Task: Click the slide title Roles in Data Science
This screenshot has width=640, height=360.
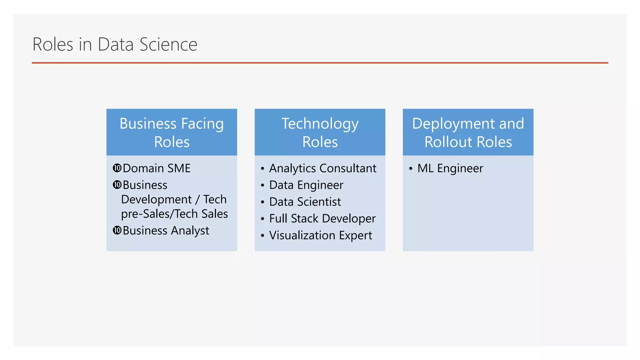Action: click(x=115, y=44)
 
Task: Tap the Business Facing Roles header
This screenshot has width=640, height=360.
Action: click(x=172, y=132)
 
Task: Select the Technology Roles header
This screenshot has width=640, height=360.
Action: click(x=320, y=132)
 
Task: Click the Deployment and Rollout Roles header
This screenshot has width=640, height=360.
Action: click(x=468, y=132)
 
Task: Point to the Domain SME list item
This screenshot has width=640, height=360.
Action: click(x=157, y=168)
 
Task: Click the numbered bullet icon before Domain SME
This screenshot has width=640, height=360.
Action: click(x=117, y=168)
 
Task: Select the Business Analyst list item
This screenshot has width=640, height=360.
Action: click(x=166, y=231)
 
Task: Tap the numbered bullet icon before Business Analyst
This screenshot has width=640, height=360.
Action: click(x=117, y=230)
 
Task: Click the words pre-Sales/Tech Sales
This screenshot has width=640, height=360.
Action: click(x=174, y=214)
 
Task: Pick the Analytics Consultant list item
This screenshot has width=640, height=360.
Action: click(x=322, y=168)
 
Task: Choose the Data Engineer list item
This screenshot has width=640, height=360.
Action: click(x=306, y=185)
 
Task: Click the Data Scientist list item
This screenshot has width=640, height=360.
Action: click(x=305, y=202)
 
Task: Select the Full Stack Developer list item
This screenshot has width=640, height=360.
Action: click(x=322, y=218)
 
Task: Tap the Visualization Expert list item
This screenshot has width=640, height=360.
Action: click(x=320, y=235)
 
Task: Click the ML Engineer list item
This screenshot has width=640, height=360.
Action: click(x=450, y=168)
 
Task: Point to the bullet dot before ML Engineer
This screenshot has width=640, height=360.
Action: click(x=411, y=169)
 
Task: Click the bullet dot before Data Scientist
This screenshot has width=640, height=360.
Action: click(x=262, y=202)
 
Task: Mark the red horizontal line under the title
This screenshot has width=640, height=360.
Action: click(x=320, y=63)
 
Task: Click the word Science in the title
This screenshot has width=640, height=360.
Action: click(x=168, y=44)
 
